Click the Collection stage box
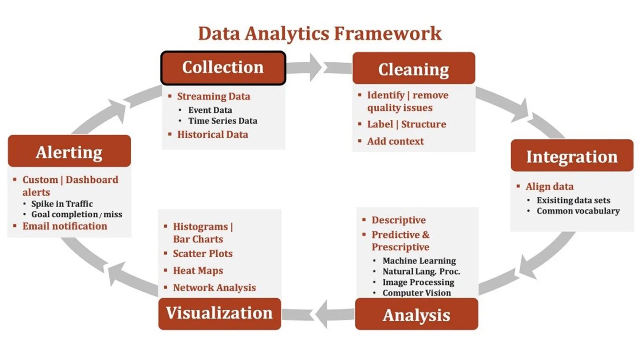point(223,68)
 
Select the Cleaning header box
point(414,68)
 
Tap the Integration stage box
point(572,156)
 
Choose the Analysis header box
point(416,314)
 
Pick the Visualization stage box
point(220,313)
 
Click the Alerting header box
point(69,151)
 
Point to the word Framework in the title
point(388,33)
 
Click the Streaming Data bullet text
point(214,96)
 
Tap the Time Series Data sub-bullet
point(223,121)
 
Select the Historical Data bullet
point(212,134)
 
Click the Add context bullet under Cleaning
point(395,141)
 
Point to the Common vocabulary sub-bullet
point(578,211)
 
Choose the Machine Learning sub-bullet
point(419,261)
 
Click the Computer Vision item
point(416,293)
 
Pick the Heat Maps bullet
point(198,271)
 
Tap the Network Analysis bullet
point(214,288)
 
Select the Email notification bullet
point(65,226)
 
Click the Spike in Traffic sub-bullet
point(62,204)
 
